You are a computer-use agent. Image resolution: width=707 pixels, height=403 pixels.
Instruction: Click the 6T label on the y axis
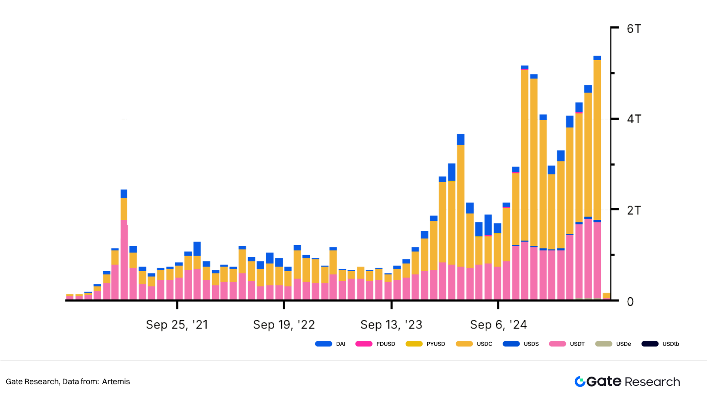point(634,29)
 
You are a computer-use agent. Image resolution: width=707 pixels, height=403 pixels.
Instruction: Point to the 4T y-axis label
point(634,119)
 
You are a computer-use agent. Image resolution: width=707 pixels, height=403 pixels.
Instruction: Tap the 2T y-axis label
point(634,210)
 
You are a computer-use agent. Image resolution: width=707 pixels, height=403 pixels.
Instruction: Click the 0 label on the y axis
point(630,302)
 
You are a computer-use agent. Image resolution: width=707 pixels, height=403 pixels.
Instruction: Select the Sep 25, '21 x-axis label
point(177,324)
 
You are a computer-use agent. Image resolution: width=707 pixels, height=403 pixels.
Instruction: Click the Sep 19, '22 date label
point(284,324)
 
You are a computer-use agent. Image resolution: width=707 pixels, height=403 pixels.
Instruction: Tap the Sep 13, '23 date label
point(391,324)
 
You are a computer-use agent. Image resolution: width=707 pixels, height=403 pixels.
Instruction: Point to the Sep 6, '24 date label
point(498,324)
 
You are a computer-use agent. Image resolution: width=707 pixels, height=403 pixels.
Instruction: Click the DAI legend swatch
point(323,344)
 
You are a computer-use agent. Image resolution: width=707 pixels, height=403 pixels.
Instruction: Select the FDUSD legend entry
point(375,344)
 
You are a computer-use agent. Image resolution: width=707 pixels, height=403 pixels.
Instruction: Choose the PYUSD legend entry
point(425,344)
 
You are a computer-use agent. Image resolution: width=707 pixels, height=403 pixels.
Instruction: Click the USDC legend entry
point(474,344)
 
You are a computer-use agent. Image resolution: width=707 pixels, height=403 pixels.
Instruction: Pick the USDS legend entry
point(521,344)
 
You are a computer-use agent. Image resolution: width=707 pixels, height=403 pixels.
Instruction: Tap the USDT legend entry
point(567,344)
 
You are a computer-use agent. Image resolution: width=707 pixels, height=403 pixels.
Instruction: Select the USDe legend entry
point(613,344)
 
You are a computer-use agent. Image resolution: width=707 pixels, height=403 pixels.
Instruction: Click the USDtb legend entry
point(660,344)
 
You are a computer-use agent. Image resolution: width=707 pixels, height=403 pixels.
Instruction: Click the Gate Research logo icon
point(580,382)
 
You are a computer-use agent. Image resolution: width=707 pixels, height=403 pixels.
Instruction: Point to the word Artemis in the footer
point(116,382)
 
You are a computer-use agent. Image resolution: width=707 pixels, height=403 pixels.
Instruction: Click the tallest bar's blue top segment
point(597,58)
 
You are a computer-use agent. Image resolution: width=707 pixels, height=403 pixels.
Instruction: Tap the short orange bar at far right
point(606,296)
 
